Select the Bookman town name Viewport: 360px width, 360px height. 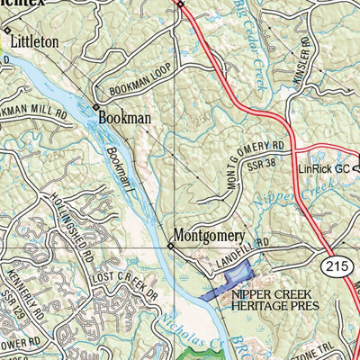coord(124,117)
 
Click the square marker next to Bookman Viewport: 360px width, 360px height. coord(96,107)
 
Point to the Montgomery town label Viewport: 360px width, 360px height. coord(209,236)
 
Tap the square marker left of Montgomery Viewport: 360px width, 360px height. coord(169,245)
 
